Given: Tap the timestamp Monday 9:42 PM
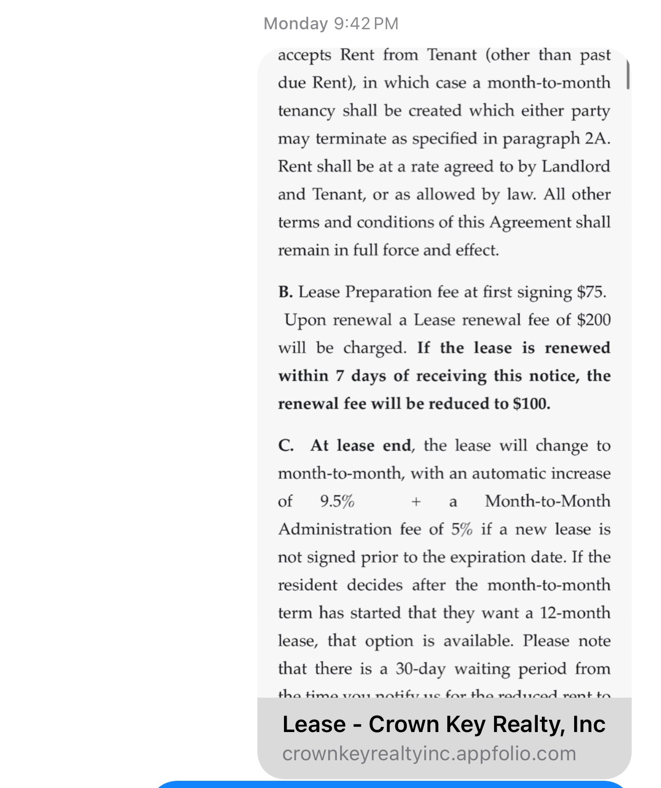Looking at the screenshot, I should (x=331, y=24).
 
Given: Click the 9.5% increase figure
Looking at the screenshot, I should (x=337, y=501).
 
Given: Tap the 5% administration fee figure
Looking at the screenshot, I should (x=462, y=529).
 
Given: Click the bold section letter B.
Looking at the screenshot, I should (x=285, y=292).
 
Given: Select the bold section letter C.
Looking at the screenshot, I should (x=286, y=445).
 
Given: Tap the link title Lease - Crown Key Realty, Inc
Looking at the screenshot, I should (x=444, y=724).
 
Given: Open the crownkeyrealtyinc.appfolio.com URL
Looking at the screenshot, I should (x=429, y=754).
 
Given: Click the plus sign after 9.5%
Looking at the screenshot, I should (x=416, y=502).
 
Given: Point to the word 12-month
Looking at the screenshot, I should (x=575, y=612).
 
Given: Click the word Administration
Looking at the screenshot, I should (x=335, y=529).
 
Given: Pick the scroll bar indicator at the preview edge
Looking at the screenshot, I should (x=628, y=74).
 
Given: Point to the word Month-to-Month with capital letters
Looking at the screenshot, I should (x=547, y=501).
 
